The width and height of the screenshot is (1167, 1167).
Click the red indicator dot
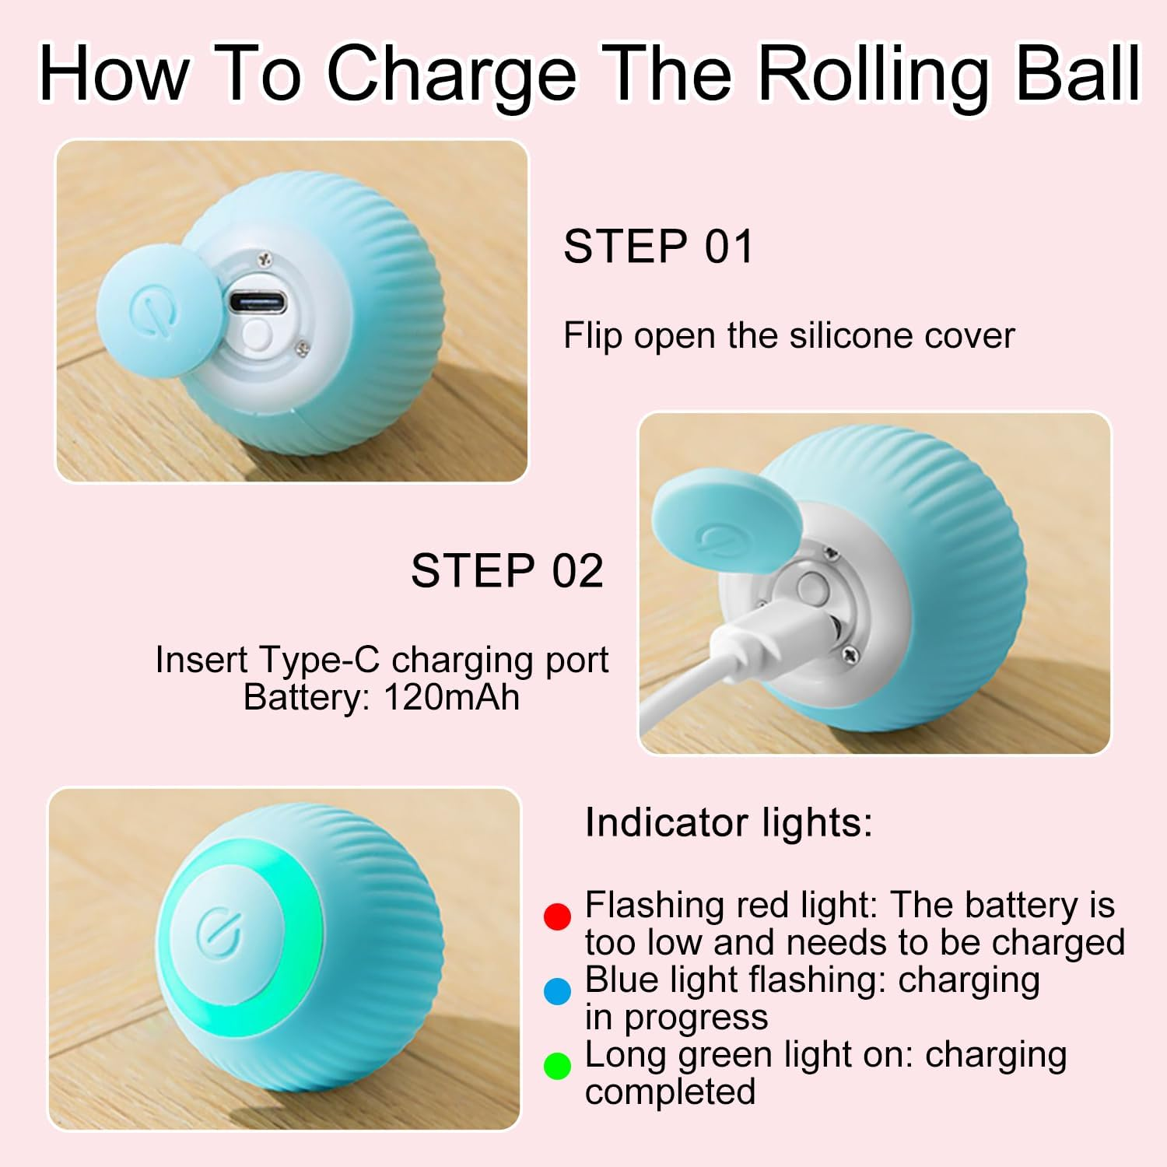557,916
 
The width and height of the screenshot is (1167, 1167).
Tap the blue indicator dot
557,991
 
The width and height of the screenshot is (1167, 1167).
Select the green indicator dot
557,1066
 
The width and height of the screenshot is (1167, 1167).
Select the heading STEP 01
658,247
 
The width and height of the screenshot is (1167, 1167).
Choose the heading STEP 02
506,571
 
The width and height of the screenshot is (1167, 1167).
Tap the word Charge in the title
452,75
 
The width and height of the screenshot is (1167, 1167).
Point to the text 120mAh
451,697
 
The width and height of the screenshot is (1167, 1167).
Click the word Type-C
319,660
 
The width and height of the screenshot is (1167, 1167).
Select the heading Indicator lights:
728,822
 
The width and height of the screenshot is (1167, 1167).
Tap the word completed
670,1092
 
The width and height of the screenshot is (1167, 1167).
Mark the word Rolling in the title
871,75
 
